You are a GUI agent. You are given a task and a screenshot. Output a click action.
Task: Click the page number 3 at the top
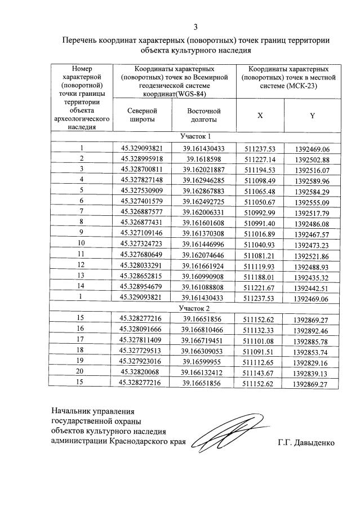tap(195, 26)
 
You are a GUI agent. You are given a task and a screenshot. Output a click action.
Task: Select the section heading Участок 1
tap(195, 136)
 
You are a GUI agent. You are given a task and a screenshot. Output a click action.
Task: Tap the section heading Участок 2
tap(195, 308)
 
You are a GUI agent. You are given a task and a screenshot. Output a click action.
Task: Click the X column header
tap(260, 115)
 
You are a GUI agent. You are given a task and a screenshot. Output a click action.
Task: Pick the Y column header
tap(312, 116)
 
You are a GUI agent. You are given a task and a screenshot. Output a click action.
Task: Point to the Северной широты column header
tap(141, 115)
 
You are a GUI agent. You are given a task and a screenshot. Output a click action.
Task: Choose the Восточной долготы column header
tap(203, 115)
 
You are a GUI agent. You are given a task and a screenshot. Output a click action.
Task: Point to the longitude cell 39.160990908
tap(203, 276)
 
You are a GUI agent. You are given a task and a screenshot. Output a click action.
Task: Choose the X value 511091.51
tap(260, 351)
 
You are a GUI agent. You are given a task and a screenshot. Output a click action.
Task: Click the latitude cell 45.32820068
tap(141, 372)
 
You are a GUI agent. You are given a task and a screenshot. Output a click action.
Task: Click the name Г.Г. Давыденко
tap(306, 443)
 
